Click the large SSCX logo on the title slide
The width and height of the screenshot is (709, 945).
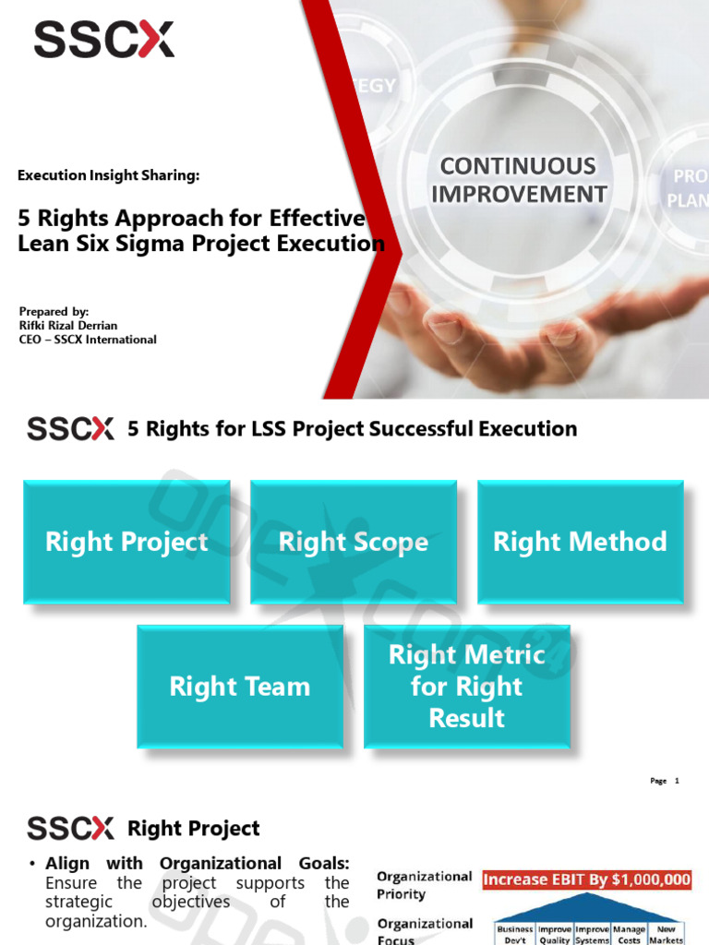pos(103,40)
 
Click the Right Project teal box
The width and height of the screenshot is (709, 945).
pos(126,542)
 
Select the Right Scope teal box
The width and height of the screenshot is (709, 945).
pos(354,542)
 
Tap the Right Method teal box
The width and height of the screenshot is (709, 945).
pos(580,542)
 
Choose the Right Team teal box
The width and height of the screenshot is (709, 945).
pos(240,687)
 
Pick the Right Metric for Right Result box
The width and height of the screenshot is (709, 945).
pos(467,687)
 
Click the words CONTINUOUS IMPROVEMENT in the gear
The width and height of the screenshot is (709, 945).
pos(519,180)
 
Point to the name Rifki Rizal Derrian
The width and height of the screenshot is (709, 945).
pos(68,326)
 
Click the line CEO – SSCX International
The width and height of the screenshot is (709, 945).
pos(88,340)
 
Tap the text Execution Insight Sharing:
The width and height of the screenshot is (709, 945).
pos(109,175)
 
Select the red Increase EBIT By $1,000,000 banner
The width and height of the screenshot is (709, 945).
pos(587,879)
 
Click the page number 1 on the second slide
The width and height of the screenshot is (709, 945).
pos(677,781)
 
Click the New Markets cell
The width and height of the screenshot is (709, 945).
pos(667,934)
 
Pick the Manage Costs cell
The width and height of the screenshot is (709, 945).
pos(629,934)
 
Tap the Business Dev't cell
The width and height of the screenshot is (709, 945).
pos(515,934)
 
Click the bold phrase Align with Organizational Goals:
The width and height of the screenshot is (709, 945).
pos(198,864)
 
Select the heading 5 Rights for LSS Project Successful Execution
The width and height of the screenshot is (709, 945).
pos(352,429)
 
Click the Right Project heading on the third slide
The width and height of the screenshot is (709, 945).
pos(193,829)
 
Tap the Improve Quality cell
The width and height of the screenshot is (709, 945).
pos(554,934)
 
